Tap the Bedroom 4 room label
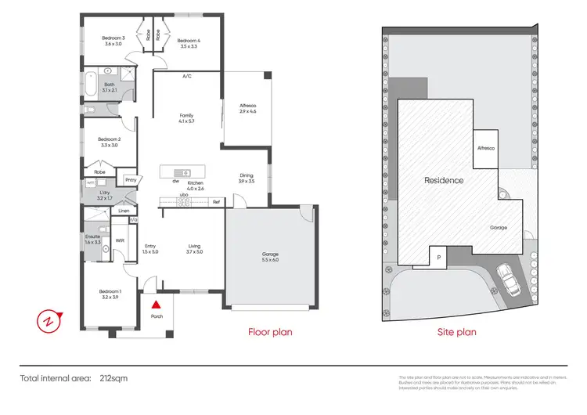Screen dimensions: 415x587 (188, 41)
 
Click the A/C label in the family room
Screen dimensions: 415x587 (187, 76)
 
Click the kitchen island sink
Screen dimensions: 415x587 (185, 172)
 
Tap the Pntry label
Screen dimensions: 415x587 (131, 179)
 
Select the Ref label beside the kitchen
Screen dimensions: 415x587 (217, 202)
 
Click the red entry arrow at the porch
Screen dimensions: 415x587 (157, 304)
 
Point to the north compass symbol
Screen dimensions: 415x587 (49, 319)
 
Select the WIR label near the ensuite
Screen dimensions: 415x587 (121, 241)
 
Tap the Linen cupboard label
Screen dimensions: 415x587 (123, 211)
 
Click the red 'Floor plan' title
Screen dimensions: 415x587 (270, 332)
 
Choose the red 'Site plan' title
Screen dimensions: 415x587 (456, 332)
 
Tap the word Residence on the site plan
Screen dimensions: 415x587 (444, 180)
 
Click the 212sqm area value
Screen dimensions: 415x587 (114, 378)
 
